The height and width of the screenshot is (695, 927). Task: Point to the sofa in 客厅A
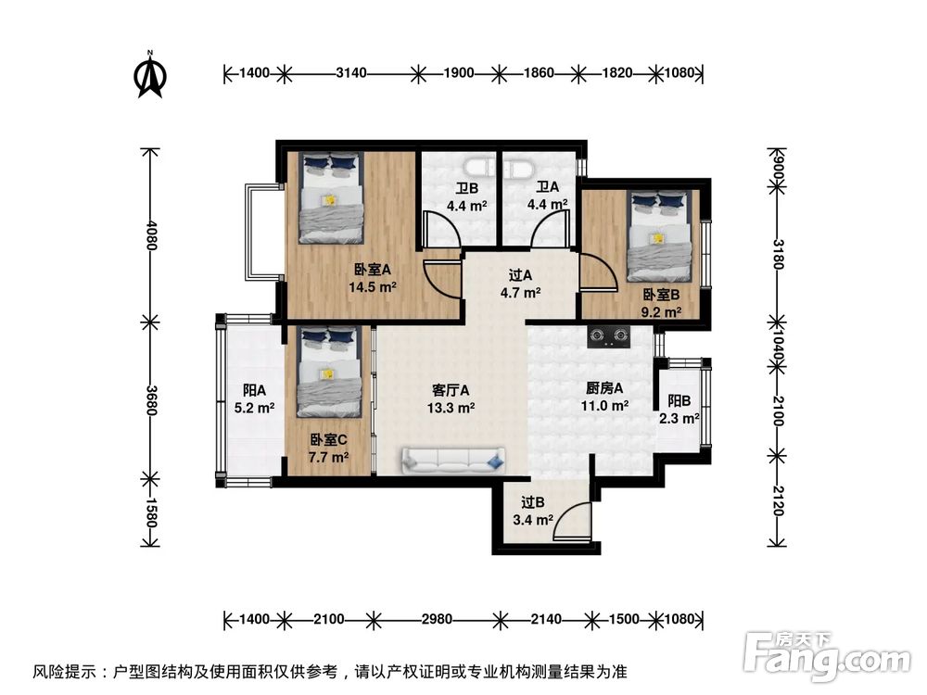coord(454,458)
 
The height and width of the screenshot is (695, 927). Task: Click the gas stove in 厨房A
coord(608,335)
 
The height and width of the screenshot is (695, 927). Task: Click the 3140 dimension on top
coord(351,72)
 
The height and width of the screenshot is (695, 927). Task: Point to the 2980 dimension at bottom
coord(434,619)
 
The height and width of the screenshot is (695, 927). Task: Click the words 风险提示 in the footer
coord(62,670)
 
